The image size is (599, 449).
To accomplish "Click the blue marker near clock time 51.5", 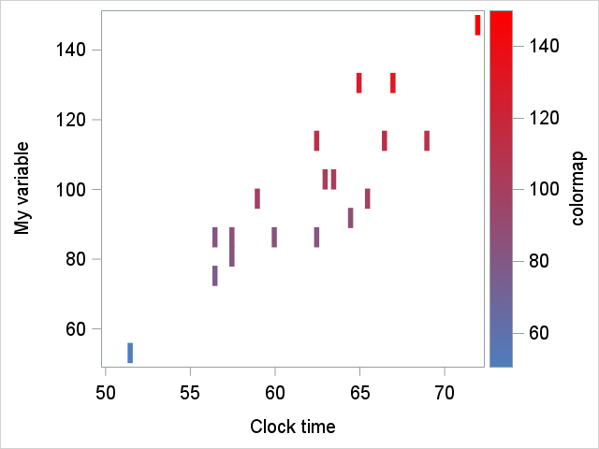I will tap(130, 353).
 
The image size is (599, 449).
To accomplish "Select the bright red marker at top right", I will tap(477, 25).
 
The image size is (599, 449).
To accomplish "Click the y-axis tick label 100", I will tap(71, 190).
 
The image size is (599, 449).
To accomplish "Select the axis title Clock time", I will tap(292, 427).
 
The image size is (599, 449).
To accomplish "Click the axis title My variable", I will tap(22, 188).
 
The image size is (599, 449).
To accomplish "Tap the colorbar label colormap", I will tap(577, 188).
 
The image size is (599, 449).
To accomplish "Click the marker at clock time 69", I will tap(427, 140).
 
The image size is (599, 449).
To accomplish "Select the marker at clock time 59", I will tap(257, 198).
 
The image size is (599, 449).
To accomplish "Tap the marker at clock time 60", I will tap(274, 237).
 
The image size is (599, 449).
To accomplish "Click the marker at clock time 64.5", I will tap(351, 218).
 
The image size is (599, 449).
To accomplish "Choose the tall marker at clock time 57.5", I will tap(232, 247).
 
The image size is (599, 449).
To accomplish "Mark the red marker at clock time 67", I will tap(393, 82).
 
